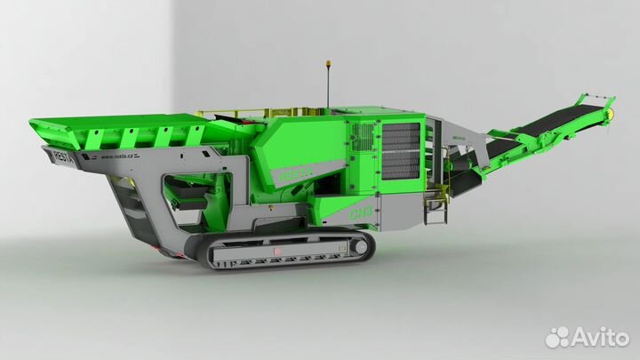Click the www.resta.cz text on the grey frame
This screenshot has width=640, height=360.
tap(118, 157)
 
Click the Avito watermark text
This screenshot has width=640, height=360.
tap(599, 336)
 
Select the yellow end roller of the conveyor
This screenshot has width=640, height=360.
tap(612, 113)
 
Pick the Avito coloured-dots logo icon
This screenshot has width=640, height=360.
tap(557, 336)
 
